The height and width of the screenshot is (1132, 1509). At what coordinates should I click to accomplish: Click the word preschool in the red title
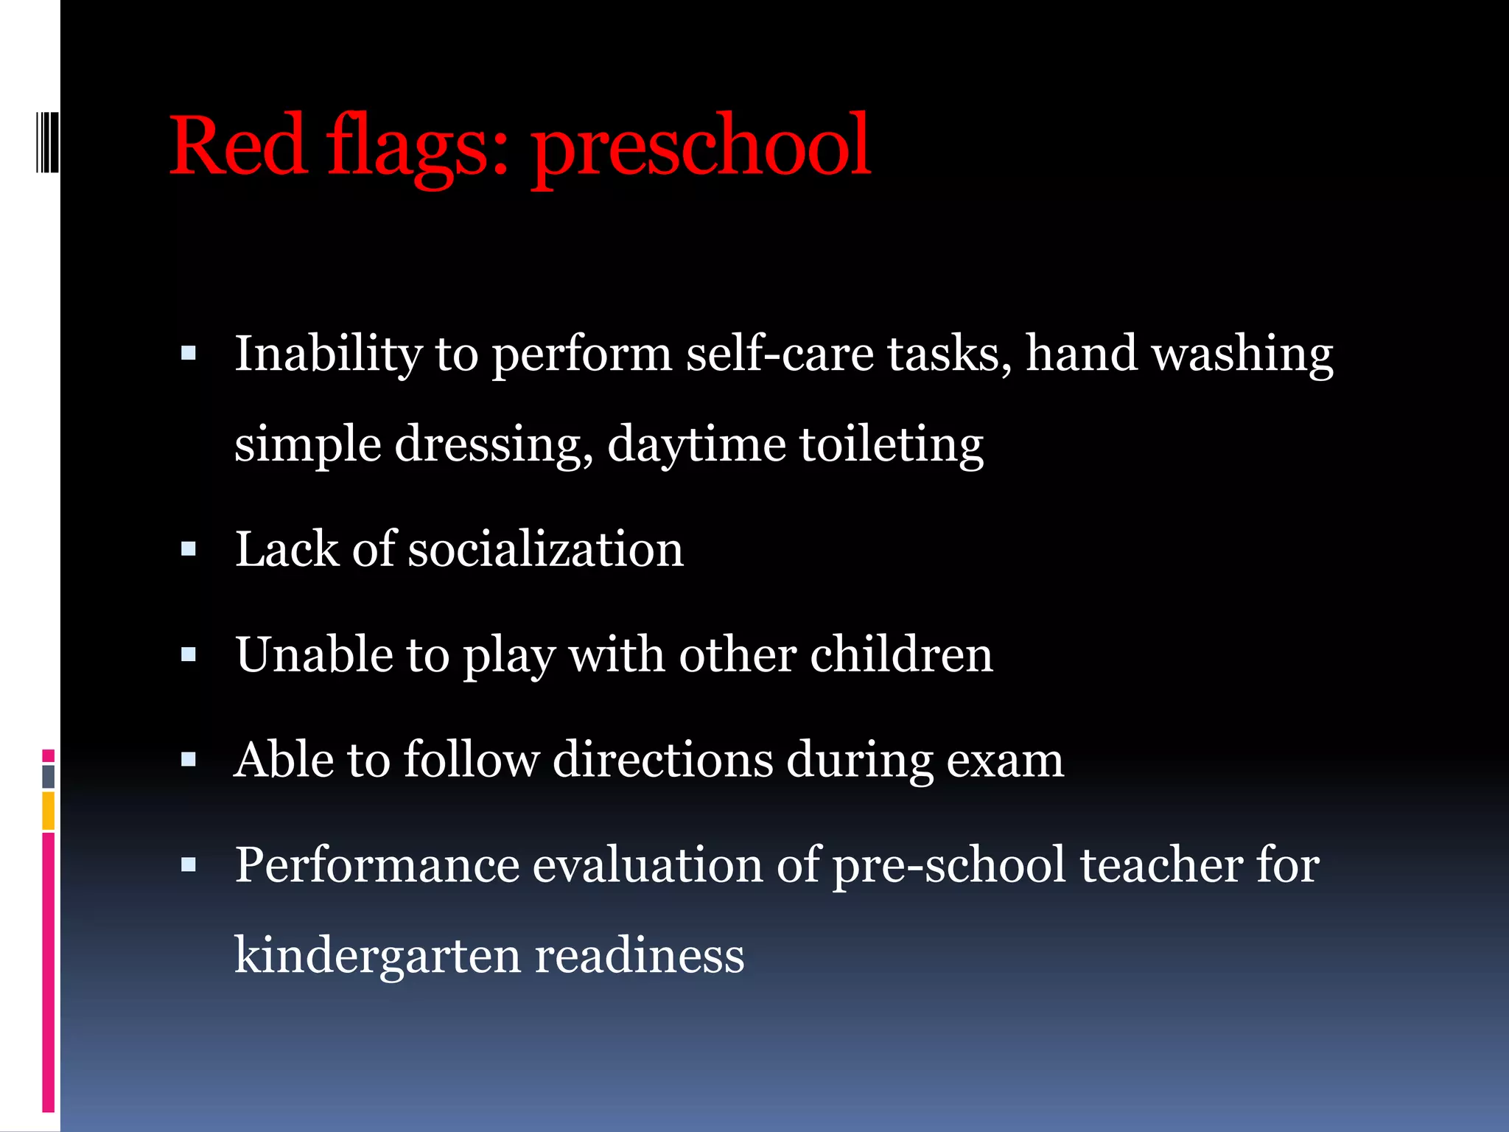[701, 147]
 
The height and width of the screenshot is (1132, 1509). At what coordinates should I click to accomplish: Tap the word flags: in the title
[418, 147]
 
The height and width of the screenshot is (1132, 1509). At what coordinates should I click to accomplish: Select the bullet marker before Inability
[189, 354]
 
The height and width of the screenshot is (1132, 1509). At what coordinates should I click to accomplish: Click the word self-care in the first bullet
[779, 354]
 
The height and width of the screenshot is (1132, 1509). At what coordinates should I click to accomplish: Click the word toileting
[891, 445]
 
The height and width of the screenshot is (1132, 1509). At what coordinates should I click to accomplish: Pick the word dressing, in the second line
[494, 445]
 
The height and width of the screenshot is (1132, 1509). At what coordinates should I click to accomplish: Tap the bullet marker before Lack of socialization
[189, 549]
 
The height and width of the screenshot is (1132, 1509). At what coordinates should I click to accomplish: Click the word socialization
[545, 550]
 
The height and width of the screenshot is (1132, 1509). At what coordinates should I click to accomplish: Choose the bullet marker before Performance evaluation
[189, 865]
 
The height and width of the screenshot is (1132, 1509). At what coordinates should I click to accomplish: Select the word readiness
[639, 956]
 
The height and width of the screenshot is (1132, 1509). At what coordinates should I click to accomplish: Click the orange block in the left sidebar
[49, 811]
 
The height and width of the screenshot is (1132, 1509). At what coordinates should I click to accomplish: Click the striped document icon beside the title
[47, 141]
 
